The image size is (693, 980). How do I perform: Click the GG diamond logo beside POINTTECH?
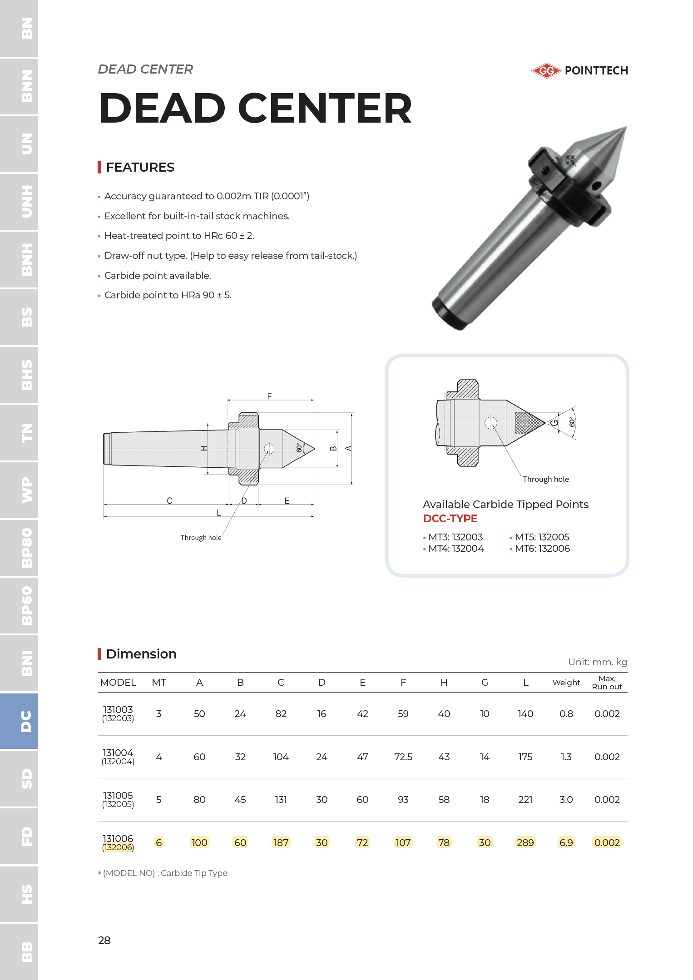click(546, 71)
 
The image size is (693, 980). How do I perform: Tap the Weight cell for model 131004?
click(566, 757)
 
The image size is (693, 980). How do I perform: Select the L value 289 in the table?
click(525, 843)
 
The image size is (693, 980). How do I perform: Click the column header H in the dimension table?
click(444, 683)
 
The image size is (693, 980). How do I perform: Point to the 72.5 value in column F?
click(403, 757)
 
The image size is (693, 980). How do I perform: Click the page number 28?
click(104, 940)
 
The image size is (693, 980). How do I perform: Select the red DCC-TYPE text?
click(450, 519)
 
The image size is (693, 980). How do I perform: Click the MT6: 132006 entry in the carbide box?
click(542, 549)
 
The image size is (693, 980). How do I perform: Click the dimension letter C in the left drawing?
click(169, 500)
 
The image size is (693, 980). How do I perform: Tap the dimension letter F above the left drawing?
click(269, 396)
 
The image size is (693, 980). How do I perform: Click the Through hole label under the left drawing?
click(201, 538)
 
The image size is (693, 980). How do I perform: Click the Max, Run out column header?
click(607, 683)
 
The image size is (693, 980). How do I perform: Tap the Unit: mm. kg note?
click(597, 662)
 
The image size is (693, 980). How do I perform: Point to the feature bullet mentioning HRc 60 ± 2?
click(179, 236)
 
